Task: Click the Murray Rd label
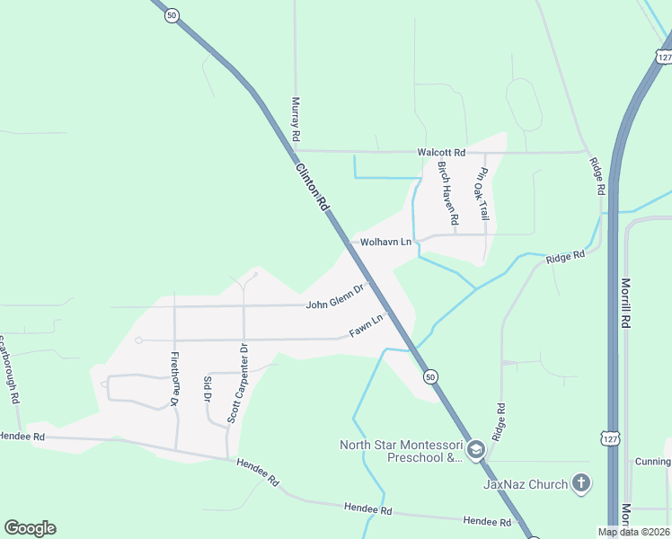click(x=295, y=120)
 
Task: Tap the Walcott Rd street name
click(x=441, y=153)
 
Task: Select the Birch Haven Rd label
click(x=448, y=193)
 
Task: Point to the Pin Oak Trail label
click(x=483, y=194)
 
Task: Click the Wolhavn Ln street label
click(x=385, y=243)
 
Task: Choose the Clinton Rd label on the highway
click(x=312, y=186)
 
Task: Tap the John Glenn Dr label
click(x=334, y=298)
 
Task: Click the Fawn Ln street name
click(x=366, y=327)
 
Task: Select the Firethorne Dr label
click(x=175, y=376)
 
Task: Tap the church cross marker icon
click(x=581, y=484)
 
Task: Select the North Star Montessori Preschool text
click(x=401, y=451)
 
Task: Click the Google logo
click(x=30, y=528)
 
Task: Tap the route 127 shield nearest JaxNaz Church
click(x=610, y=437)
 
